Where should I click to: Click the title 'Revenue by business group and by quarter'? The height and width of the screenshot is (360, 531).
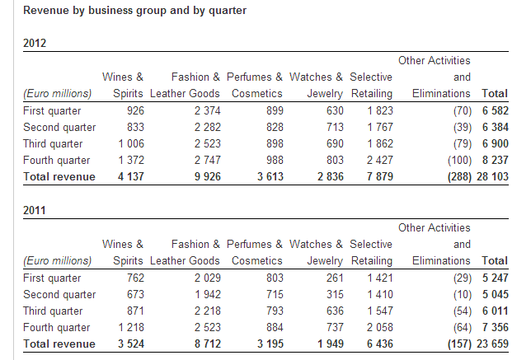click(x=134, y=11)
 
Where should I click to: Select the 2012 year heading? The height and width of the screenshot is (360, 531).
click(x=35, y=44)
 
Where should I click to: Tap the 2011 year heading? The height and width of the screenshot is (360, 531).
click(x=34, y=210)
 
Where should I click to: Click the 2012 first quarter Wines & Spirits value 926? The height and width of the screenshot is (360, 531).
click(x=135, y=110)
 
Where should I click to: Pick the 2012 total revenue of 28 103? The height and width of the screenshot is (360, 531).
click(x=492, y=176)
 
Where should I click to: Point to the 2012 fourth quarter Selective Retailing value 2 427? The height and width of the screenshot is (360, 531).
click(x=379, y=160)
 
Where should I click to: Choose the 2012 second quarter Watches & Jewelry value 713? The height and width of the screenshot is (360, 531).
click(x=335, y=127)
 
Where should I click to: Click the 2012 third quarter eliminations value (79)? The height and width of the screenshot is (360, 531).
click(x=463, y=144)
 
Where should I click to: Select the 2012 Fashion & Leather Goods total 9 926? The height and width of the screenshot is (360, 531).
click(x=207, y=176)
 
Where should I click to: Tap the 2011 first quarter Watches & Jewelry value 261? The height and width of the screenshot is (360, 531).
click(x=335, y=278)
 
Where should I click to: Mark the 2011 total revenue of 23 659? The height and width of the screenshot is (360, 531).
click(x=492, y=344)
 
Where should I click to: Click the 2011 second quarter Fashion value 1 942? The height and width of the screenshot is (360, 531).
click(x=207, y=294)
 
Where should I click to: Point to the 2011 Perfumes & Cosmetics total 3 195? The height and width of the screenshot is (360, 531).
click(x=270, y=344)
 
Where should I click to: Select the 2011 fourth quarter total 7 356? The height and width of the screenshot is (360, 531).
click(x=495, y=327)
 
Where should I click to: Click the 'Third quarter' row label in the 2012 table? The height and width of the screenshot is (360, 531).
click(x=53, y=144)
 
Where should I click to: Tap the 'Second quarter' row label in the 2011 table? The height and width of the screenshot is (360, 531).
click(x=59, y=294)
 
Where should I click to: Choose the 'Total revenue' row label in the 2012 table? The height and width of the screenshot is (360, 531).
click(x=59, y=176)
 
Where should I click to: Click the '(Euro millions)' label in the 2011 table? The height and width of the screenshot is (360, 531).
click(x=57, y=261)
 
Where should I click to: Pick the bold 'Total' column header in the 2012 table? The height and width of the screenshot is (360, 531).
click(x=495, y=93)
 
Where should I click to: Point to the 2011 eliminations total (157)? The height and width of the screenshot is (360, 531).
click(x=459, y=344)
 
